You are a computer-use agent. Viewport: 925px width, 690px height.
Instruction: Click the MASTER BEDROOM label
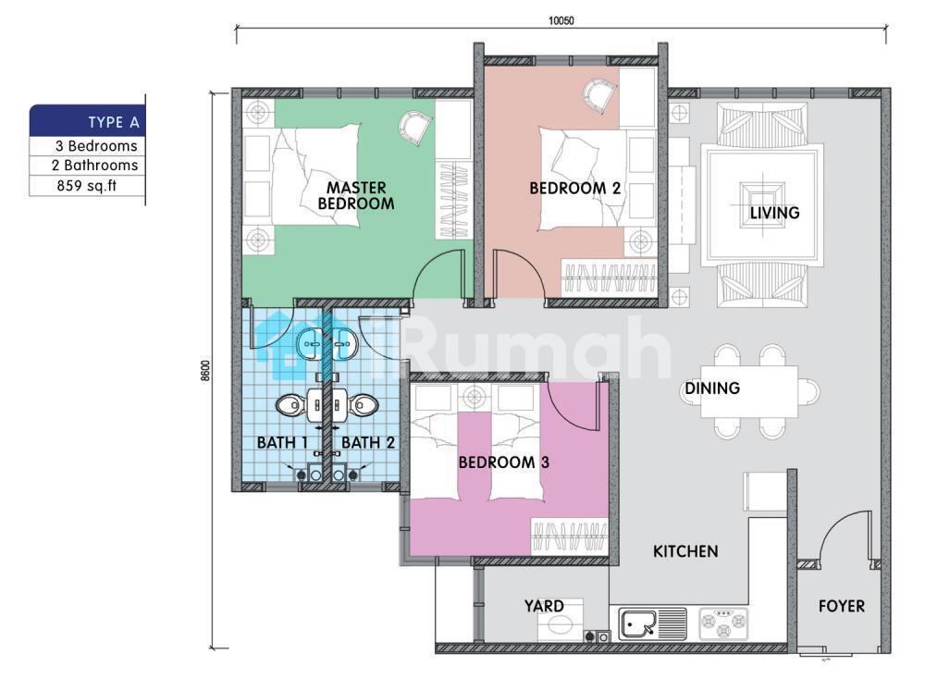click(x=356, y=196)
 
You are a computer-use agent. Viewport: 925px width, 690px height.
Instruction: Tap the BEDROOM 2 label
click(x=574, y=188)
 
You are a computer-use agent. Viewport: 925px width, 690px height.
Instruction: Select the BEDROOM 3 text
click(x=504, y=462)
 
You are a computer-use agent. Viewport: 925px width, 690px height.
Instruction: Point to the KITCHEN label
click(x=685, y=551)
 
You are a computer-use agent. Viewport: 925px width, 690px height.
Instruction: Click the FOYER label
click(x=841, y=606)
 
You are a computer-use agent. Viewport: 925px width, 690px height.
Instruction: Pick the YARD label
click(x=544, y=606)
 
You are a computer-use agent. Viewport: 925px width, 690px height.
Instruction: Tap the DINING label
click(x=712, y=388)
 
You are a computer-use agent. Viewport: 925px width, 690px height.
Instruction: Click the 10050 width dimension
click(x=561, y=20)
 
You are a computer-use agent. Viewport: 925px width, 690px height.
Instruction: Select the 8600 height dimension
click(x=205, y=371)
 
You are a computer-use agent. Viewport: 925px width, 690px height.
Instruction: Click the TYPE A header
click(x=114, y=123)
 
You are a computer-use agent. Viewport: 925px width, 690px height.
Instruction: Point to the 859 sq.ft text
click(x=87, y=186)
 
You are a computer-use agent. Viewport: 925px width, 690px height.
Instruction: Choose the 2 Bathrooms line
click(x=94, y=166)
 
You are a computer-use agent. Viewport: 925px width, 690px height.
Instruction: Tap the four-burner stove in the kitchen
click(x=723, y=624)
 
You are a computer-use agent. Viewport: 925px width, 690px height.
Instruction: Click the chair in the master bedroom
click(x=415, y=128)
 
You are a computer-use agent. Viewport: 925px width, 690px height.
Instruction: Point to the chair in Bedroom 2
click(x=600, y=96)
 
